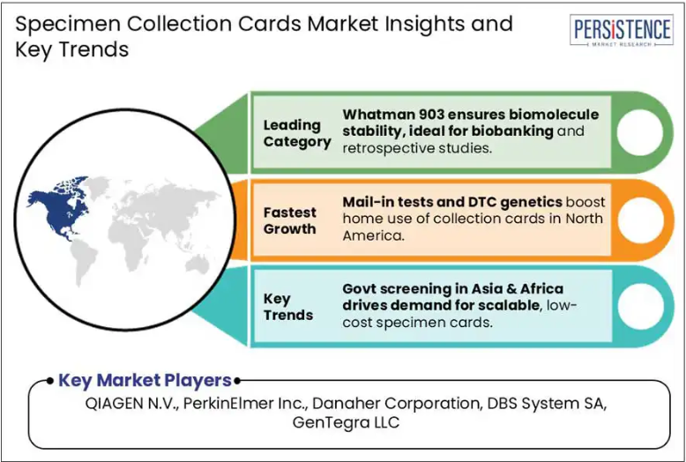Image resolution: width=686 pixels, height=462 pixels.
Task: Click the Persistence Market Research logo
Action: pos(622,30)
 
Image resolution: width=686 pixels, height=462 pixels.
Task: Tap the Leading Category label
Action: pos(297,133)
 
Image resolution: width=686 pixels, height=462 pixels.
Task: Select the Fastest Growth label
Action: pos(289,220)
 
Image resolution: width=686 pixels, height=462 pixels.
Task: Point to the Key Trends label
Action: pos(287,307)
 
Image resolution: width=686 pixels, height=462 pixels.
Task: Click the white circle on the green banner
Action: pos(639,132)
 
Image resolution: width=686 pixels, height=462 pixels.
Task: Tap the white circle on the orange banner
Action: pos(640,220)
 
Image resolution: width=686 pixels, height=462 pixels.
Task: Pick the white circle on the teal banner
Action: pos(640,306)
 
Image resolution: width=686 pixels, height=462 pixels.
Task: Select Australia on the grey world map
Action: pos(198,265)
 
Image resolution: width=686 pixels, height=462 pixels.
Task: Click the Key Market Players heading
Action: pos(145,380)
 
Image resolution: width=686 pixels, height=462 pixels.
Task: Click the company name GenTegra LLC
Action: pos(346,422)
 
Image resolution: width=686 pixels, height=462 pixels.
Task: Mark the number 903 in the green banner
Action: pos(426,115)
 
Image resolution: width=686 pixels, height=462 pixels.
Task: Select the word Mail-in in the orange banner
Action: pos(362,202)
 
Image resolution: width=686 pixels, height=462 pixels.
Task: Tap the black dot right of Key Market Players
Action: pos(236,381)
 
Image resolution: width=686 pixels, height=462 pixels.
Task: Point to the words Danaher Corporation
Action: pos(397,404)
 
